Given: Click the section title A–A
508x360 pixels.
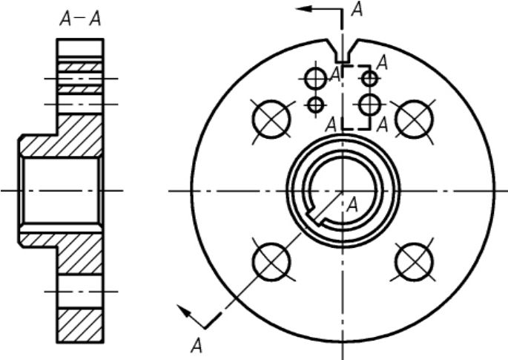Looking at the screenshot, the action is point(80,19).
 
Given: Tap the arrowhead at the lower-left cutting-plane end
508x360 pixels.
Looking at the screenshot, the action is point(183,311).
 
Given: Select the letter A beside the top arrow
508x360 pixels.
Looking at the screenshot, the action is point(357,9).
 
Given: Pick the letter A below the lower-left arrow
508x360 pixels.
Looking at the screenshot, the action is point(197,346).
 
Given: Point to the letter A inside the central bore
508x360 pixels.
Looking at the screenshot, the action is point(352,205).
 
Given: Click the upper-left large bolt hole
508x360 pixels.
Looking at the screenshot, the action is point(271,119).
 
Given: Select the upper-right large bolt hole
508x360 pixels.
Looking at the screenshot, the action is point(414,119).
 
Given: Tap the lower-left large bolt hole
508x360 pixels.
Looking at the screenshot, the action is point(271,262).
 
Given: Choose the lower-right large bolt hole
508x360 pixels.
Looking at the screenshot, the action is point(414,262).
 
